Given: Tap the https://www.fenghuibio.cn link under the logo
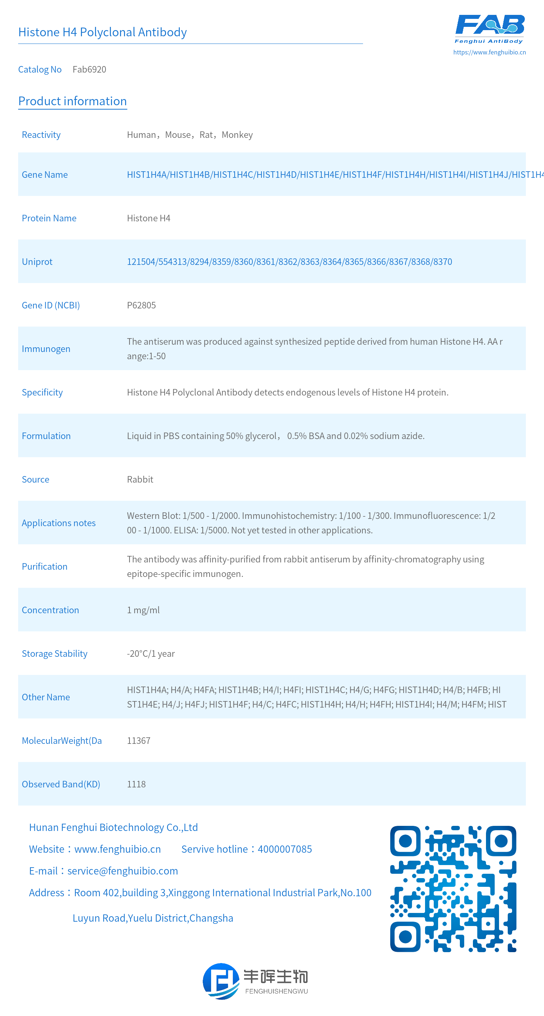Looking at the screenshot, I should point(489,52).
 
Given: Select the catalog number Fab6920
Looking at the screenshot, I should point(89,69).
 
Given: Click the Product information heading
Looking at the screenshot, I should point(73,101).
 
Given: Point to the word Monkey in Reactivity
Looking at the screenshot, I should point(237,135).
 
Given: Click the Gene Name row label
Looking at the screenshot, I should point(45,175).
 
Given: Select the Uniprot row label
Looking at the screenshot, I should point(37,262).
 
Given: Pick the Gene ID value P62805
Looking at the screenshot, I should point(141,305).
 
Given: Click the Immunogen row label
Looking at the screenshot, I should point(46,349).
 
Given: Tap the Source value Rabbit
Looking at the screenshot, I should point(140,480).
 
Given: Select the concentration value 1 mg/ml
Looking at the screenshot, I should point(143,610).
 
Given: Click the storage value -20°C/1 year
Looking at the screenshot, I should point(151,654).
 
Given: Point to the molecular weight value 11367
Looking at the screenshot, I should point(139,741).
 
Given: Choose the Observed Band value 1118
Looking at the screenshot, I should point(136,784).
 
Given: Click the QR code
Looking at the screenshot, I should point(453,889).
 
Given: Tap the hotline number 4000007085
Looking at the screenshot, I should point(285,849).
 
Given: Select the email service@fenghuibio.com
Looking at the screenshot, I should point(123,871).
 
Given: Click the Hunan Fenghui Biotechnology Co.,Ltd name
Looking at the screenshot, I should point(113,827).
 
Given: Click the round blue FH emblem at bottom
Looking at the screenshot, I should point(221,981).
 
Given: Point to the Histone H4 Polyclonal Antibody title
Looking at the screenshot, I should point(103,32).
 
